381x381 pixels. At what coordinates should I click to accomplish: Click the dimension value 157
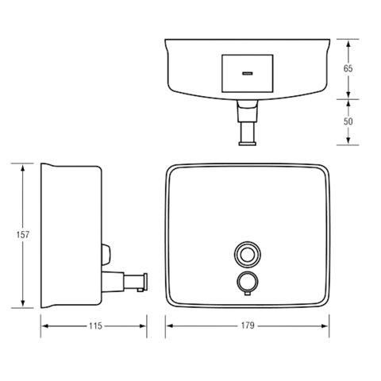pos(23,235)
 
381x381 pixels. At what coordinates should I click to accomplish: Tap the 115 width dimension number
pos(95,326)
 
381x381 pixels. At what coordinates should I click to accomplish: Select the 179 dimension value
pos(248,325)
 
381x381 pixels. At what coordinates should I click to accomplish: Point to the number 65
pos(348,68)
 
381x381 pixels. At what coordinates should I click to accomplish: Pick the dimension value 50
pos(348,121)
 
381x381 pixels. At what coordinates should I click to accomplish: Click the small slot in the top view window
pos(248,73)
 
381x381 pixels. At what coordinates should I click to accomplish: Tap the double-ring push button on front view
pos(248,255)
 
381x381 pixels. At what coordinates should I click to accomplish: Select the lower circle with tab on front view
pos(247,282)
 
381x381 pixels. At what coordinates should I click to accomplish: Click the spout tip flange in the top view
pos(248,144)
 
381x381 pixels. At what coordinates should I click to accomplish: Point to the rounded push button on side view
pos(106,254)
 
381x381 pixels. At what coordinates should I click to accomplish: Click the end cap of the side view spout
pos(144,282)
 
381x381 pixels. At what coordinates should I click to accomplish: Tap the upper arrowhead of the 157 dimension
pos(23,168)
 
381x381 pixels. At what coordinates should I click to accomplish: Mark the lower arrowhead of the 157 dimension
pos(23,302)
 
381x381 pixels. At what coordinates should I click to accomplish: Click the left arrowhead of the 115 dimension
pos(45,326)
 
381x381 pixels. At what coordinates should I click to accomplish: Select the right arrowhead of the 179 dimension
pos(325,325)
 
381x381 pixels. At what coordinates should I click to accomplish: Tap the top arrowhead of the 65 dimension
pos(348,44)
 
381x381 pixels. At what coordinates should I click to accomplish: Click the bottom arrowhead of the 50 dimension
pos(348,140)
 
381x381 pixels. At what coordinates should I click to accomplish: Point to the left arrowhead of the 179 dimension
pos(171,325)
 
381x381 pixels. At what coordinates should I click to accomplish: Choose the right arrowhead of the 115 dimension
pos(142,326)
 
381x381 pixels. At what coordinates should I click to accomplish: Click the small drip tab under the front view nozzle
pos(248,294)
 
